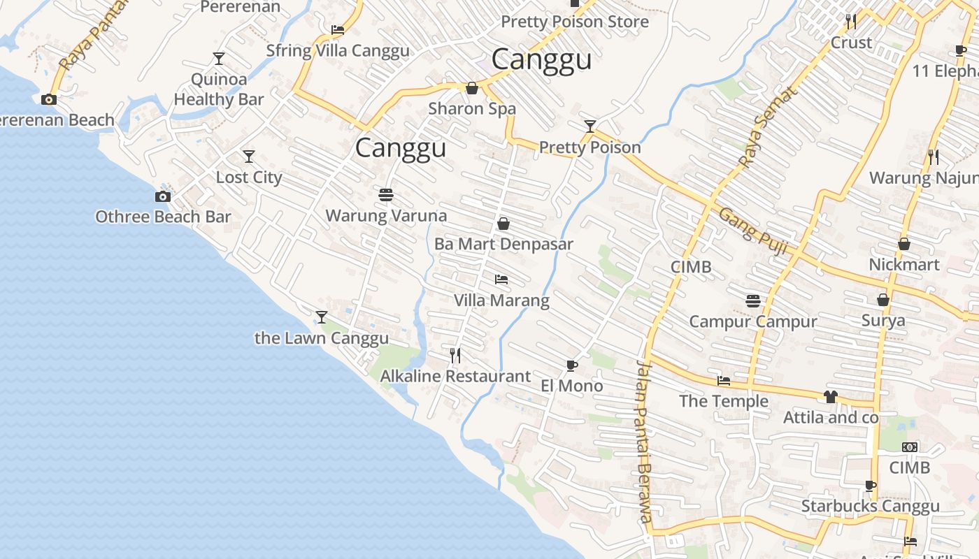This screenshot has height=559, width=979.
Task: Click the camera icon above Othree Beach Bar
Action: point(163,196)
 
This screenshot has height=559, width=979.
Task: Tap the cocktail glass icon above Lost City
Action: point(248,157)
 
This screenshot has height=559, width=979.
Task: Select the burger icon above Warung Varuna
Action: point(386,195)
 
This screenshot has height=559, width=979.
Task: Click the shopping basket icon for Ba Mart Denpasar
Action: point(503,224)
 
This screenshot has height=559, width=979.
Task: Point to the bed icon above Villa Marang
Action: point(501,279)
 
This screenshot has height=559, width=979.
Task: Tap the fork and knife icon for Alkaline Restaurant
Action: point(455,356)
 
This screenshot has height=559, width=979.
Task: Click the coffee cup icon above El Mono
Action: point(571,365)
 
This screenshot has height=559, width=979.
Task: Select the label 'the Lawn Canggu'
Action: point(322,338)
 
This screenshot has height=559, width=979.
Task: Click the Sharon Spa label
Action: point(472,108)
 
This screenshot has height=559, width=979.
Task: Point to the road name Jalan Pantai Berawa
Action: point(644,442)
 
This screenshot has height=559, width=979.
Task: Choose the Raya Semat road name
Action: point(767,127)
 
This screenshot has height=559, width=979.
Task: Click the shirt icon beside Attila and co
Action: point(830,397)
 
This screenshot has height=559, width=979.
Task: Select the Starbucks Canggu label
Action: point(870,506)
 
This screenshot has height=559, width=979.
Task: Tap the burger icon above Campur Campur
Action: point(753,301)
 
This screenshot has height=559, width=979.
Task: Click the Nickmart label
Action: point(904,265)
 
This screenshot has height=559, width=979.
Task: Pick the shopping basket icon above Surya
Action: point(883,300)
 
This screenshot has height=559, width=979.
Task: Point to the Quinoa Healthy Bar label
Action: point(219,89)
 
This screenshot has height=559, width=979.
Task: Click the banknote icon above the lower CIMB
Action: point(909,447)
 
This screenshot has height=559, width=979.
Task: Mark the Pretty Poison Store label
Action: point(575,22)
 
